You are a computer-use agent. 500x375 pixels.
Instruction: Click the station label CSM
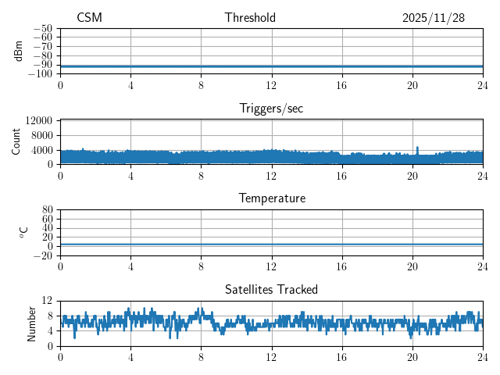tap(89, 18)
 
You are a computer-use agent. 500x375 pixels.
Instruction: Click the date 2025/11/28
tap(434, 18)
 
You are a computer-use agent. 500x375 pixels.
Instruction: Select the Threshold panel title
tap(250, 18)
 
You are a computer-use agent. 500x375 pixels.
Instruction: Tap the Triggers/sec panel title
tap(271, 109)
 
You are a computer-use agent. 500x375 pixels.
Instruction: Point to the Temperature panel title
tap(271, 198)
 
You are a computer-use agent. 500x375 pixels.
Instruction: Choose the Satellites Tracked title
tap(271, 290)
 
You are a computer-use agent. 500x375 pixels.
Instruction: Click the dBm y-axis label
tap(19, 51)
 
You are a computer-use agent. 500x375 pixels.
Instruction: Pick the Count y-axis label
tap(16, 142)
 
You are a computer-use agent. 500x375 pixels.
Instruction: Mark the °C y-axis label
tap(23, 233)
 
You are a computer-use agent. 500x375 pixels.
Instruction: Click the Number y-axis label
tap(32, 323)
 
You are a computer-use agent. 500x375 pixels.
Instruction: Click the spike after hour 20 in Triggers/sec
tap(417, 148)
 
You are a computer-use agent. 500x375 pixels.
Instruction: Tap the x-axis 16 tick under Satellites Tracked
tap(342, 356)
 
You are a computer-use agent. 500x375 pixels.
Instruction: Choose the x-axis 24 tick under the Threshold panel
tap(483, 84)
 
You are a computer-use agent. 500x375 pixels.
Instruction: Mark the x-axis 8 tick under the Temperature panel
tap(202, 266)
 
